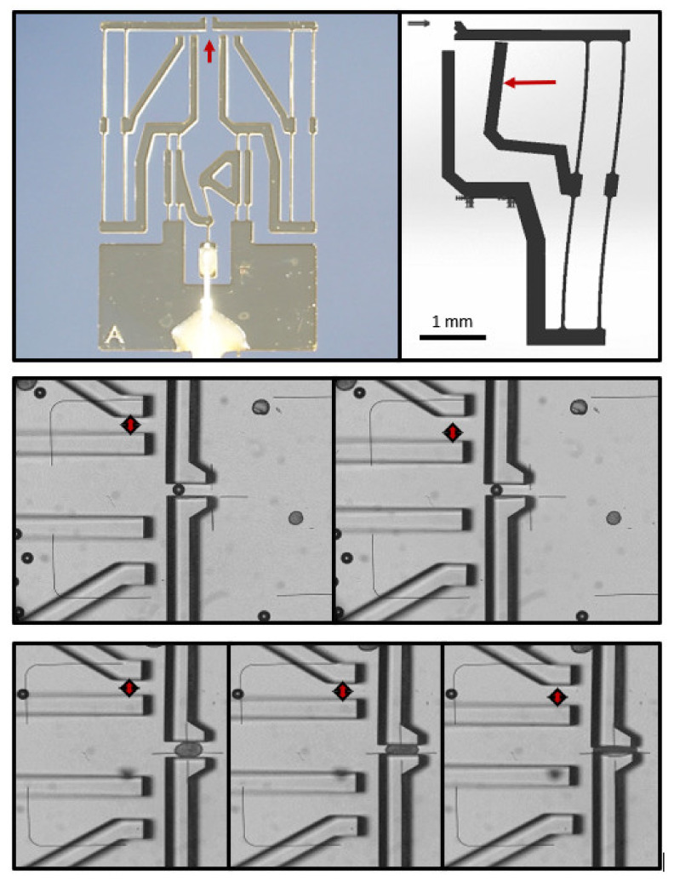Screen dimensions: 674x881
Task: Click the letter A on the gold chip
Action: [115, 336]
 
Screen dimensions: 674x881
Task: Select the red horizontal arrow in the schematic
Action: [529, 83]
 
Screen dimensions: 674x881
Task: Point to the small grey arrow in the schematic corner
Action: [420, 23]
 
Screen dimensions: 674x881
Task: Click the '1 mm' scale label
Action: [452, 322]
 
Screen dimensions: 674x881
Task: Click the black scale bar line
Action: [453, 337]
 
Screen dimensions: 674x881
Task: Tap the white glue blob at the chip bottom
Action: [208, 330]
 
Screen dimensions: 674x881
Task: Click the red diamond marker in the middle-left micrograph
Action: [129, 426]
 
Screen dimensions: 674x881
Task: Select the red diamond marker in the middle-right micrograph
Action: [452, 432]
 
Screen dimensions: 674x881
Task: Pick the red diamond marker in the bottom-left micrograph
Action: [129, 688]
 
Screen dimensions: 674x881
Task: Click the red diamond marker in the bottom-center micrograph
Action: [343, 691]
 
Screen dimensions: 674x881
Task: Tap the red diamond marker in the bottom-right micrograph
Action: [557, 697]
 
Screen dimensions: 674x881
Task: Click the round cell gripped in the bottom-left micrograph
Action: [187, 748]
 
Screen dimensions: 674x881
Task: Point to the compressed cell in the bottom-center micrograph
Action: [401, 748]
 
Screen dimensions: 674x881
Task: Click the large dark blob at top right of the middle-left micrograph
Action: [260, 406]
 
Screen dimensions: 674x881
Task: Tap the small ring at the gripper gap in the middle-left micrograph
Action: [179, 489]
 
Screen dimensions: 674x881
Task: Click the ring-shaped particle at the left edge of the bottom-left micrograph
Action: [23, 694]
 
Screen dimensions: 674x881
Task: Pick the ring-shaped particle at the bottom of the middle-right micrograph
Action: [582, 615]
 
